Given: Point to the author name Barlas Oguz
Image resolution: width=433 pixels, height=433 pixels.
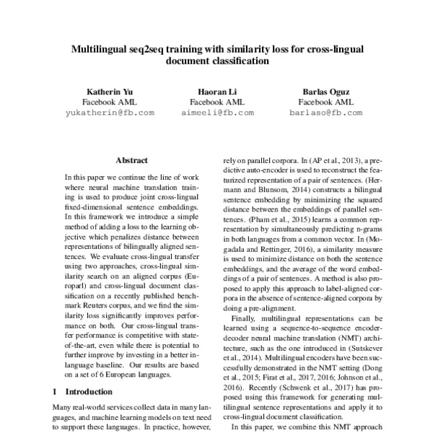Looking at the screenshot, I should (325, 92).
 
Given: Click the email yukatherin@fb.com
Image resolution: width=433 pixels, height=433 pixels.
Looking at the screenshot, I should (110, 113).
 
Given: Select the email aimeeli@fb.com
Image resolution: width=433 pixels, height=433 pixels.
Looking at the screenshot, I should (217, 113).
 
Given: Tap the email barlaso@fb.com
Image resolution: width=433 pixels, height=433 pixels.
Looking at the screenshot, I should (325, 113).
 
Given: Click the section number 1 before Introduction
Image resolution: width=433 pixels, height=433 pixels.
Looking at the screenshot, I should (56, 391).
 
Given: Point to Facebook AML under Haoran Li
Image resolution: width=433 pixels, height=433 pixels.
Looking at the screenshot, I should (216, 102).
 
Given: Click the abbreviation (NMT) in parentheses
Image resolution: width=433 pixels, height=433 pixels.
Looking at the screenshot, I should (342, 346).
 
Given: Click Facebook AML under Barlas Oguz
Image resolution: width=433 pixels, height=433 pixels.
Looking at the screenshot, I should (325, 102).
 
